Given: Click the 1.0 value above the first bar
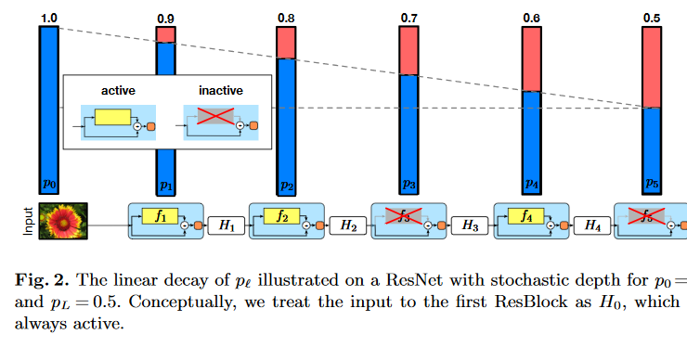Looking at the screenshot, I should (x=48, y=17).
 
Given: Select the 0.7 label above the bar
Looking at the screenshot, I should (x=409, y=17).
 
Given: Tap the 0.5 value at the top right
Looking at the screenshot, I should (x=653, y=17).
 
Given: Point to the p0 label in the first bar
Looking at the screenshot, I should (x=48, y=184).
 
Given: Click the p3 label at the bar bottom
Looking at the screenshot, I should (x=409, y=184).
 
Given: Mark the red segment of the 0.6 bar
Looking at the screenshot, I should (x=531, y=58).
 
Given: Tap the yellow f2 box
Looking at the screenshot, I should (x=281, y=217).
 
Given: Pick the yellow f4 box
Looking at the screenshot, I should (x=525, y=217).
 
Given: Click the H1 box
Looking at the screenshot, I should (x=225, y=225).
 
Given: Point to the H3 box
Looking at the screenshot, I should (x=471, y=225).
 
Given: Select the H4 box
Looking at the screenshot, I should (x=591, y=225).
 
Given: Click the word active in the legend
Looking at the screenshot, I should (x=118, y=90).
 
